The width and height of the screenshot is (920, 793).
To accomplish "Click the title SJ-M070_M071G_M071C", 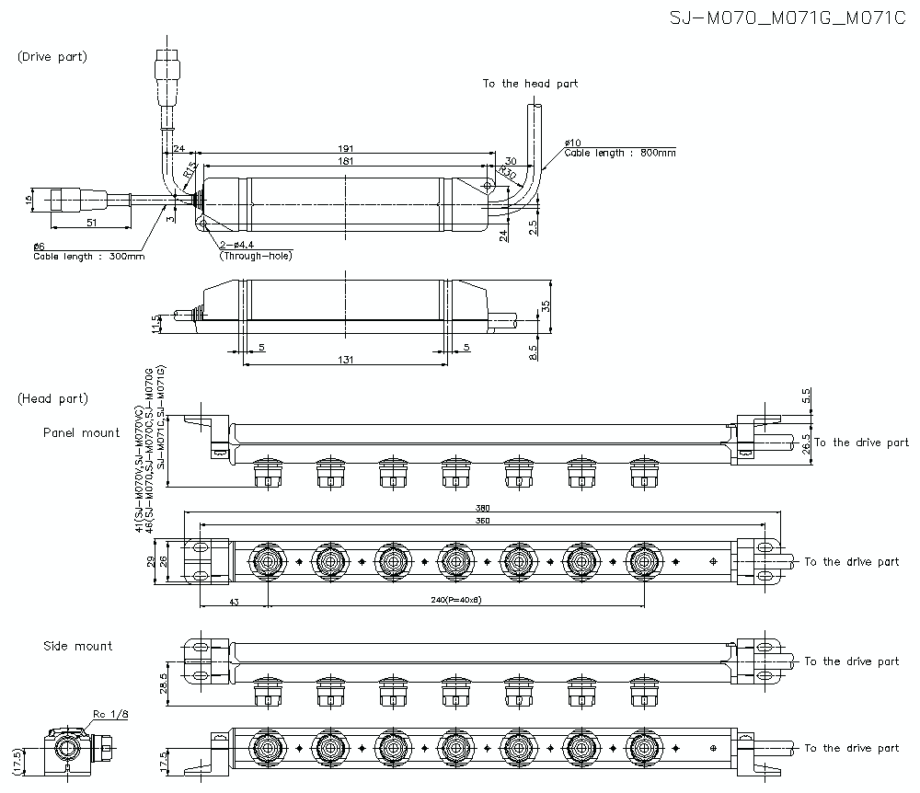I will click(788, 18).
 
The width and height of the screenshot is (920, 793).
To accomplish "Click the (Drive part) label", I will click(52, 57).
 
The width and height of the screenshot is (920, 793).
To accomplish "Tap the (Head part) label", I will click(52, 398).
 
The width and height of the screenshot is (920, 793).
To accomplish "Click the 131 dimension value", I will click(344, 360).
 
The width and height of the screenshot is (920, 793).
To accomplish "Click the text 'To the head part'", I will click(531, 84).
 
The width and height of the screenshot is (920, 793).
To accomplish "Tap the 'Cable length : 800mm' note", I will click(620, 154).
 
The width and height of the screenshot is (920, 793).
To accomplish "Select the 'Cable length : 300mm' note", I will click(88, 257).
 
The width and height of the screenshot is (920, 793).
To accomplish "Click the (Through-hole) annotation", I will click(255, 256).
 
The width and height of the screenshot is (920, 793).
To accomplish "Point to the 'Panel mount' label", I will click(81, 432).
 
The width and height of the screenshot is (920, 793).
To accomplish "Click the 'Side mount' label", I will click(78, 646).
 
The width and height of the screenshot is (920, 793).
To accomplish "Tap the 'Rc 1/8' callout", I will click(109, 714).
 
